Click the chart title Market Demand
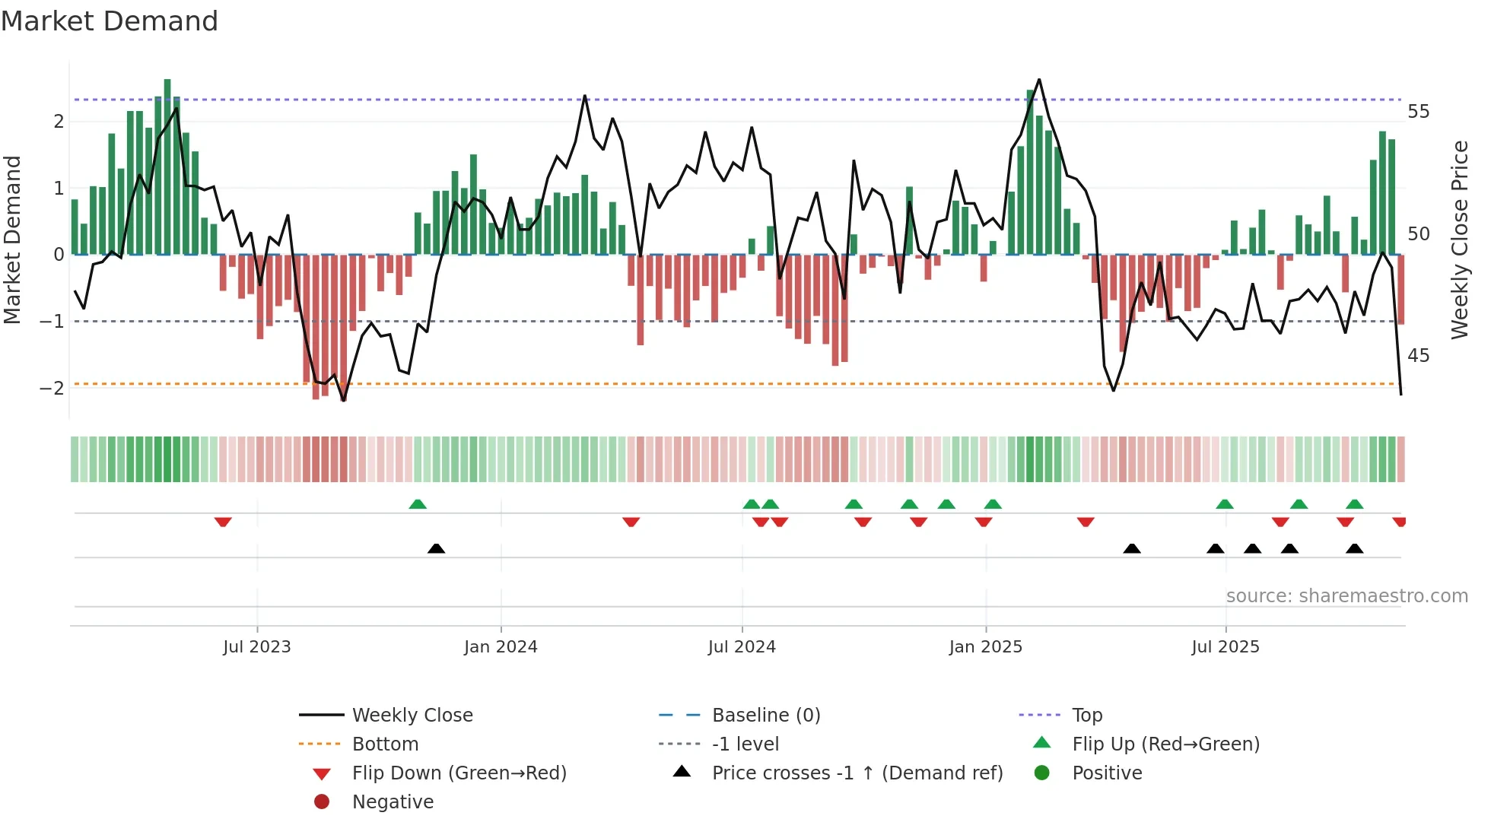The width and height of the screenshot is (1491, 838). (x=110, y=21)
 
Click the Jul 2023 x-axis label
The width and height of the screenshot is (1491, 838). (x=256, y=647)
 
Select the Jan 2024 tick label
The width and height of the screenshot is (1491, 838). (x=501, y=647)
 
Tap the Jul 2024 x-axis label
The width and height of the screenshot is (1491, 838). (x=742, y=647)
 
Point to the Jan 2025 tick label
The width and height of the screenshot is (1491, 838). (x=986, y=647)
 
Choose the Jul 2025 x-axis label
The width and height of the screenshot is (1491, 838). (x=1226, y=647)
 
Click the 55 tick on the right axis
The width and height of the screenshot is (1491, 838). (x=1418, y=112)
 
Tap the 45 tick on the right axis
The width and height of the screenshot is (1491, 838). (x=1418, y=356)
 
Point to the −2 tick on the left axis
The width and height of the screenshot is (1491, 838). (x=52, y=388)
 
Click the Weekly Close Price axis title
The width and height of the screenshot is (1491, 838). (x=1459, y=240)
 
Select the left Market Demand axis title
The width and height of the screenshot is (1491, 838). (x=13, y=240)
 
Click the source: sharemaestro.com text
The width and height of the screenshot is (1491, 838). (x=1346, y=596)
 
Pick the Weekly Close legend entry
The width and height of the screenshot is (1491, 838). (x=412, y=716)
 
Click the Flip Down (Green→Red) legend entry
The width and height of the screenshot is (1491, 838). (x=459, y=773)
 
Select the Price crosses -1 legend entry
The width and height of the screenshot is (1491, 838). (x=857, y=773)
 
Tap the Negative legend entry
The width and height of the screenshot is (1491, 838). (x=393, y=802)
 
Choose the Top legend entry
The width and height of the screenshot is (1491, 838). (x=1086, y=716)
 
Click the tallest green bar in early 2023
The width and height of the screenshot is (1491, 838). (x=167, y=167)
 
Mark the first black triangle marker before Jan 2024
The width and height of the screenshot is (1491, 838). (x=436, y=548)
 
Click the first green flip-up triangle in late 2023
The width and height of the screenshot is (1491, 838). (x=418, y=504)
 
